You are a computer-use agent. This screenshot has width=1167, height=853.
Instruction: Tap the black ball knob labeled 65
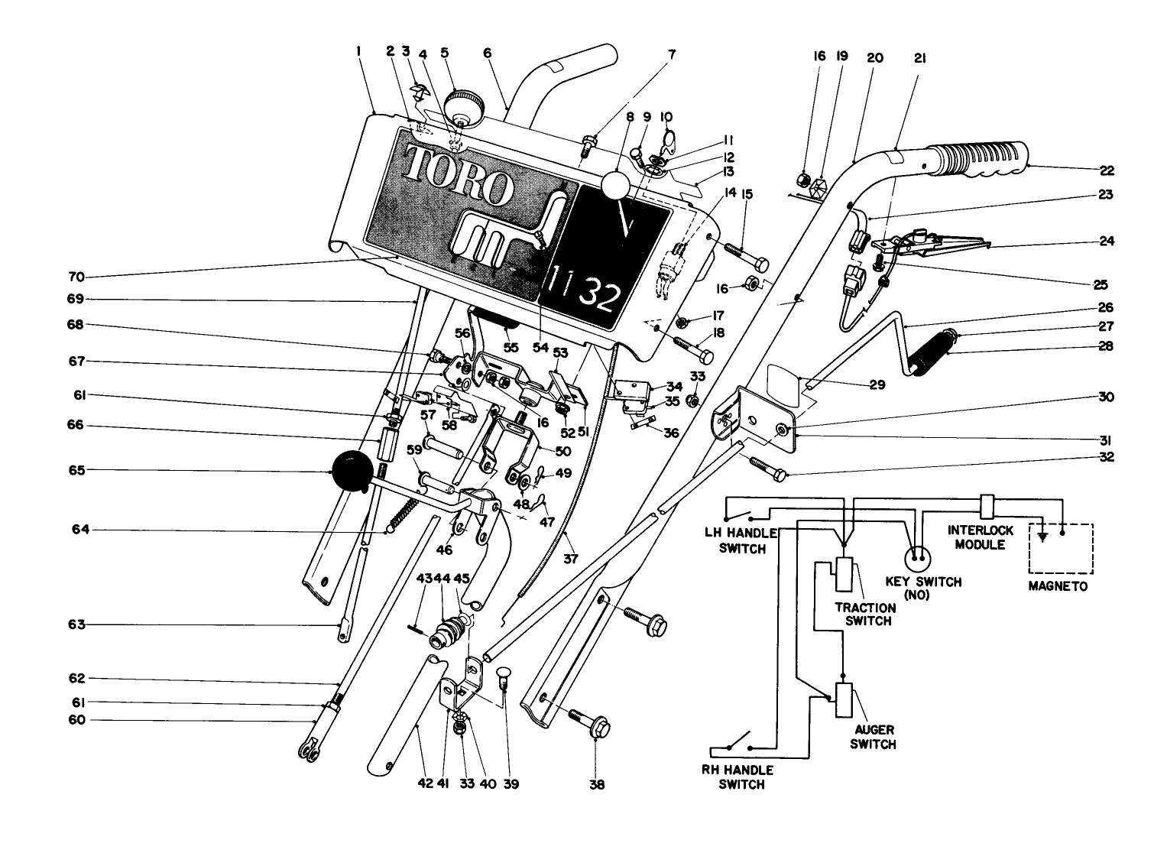point(350,470)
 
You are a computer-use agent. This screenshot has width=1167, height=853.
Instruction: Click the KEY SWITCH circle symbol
point(917,556)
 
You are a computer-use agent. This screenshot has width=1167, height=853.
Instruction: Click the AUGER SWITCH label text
point(874,738)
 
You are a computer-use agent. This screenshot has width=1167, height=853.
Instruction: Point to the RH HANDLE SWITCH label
point(738,777)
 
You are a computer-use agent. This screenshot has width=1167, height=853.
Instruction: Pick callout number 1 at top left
point(358,53)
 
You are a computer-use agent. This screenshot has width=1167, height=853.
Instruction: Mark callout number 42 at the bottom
point(426,783)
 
